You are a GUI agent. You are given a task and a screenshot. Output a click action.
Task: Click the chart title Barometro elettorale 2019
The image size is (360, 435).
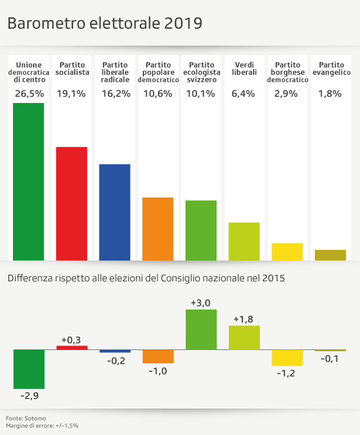[x=105, y=24]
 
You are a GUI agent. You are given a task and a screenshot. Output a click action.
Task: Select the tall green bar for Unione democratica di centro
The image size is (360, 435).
[x=29, y=181]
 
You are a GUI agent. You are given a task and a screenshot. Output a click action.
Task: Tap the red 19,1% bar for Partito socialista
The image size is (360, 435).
[x=71, y=203]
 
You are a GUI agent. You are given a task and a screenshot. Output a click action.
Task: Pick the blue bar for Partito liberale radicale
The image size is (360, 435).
[x=115, y=212]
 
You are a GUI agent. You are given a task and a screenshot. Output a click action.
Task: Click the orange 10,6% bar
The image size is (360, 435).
[x=158, y=228]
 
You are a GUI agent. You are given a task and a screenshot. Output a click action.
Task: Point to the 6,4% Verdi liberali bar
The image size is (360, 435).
[x=244, y=241]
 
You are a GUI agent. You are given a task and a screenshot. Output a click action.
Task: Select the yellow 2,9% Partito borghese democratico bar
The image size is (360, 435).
[x=287, y=252]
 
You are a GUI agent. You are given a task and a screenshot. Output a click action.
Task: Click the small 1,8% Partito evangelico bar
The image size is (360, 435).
[x=330, y=255]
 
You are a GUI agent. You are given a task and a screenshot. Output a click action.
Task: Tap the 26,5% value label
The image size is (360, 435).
[x=29, y=93]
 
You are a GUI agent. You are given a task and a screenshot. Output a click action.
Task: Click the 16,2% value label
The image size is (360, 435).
[x=115, y=93]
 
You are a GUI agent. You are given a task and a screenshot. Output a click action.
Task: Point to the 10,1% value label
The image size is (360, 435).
[x=201, y=93]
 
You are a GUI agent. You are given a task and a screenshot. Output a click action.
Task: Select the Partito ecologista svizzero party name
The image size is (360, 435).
[x=201, y=73]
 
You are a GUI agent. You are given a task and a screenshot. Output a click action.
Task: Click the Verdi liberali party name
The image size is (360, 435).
[x=244, y=69]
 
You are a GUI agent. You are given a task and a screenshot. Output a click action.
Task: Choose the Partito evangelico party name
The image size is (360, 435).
[x=331, y=69]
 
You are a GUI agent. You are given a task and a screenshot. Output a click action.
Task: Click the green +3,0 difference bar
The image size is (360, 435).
[x=201, y=329]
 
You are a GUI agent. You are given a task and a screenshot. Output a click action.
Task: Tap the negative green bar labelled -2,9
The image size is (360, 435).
[x=29, y=369]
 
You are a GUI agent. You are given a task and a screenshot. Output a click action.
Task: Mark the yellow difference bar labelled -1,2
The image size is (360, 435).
[x=287, y=357]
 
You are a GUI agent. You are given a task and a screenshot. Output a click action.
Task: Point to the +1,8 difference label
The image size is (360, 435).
[x=244, y=319]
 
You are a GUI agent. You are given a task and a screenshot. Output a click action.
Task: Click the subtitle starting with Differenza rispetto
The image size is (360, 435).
[x=146, y=278]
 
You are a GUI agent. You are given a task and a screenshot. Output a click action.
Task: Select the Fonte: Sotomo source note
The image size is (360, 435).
[x=26, y=418]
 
